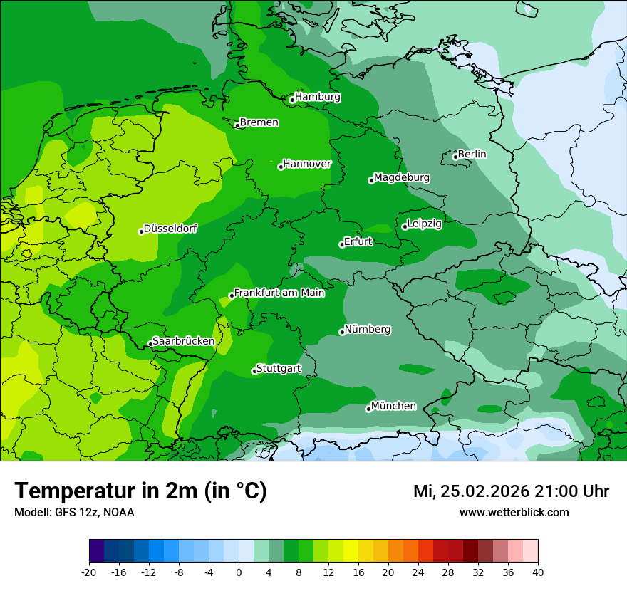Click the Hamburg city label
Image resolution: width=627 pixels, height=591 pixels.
coord(318,97)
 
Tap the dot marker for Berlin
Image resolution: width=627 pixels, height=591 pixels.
coord(455,157)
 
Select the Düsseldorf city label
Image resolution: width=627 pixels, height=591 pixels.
coord(170,229)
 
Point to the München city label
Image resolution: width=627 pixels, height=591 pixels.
coord(393,406)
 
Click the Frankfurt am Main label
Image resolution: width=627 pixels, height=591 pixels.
coord(279,293)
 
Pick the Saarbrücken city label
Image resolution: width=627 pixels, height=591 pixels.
coord(184,341)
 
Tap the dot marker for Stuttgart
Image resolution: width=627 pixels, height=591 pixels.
coord(254,371)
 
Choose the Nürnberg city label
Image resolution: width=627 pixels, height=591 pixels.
coord(368,330)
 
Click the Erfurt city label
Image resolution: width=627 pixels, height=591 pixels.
coord(358,241)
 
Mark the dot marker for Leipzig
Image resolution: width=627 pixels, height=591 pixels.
coord(404,226)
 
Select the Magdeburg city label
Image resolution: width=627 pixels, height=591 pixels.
coord(401,177)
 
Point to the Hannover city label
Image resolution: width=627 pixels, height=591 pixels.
coord(307,164)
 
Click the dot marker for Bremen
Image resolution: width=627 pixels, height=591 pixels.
coord(237,125)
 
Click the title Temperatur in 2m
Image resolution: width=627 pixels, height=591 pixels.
coord(140,491)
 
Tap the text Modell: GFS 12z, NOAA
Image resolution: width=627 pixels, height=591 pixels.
coord(74,512)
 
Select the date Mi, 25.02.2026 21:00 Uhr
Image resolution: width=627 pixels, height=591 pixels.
coord(511,491)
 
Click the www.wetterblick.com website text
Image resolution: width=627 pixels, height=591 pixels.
coord(514,512)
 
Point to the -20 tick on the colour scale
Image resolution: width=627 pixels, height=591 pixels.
coord(89,572)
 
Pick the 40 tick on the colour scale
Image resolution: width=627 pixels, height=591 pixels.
coord(537,572)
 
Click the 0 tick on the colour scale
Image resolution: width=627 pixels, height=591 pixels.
coord(239,572)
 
